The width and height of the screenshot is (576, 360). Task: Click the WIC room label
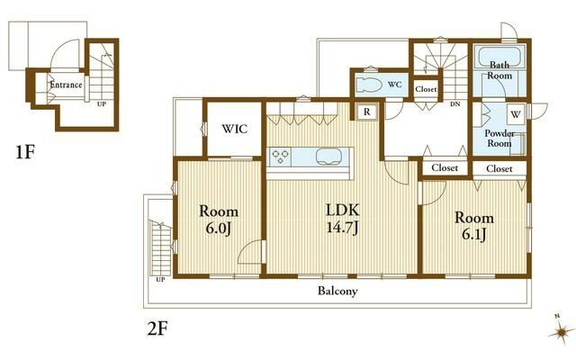(234, 129)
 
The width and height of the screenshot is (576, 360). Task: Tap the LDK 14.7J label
(343, 219)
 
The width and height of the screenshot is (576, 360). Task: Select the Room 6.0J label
(219, 220)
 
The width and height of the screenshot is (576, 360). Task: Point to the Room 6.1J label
(474, 226)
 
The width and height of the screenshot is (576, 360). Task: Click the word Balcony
(337, 292)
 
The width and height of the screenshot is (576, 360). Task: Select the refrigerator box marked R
(366, 112)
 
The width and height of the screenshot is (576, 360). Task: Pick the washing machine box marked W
(516, 114)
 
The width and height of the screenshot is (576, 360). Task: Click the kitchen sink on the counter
(328, 157)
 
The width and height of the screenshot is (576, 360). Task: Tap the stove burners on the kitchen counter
(280, 157)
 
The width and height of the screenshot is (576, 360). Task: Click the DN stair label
(455, 104)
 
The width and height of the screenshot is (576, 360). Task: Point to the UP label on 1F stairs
(102, 104)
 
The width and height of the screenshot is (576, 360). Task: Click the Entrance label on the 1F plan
(66, 85)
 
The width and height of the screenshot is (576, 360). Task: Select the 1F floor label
(25, 152)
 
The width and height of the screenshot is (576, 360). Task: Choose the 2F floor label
(157, 328)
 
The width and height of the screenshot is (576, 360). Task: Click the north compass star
(561, 332)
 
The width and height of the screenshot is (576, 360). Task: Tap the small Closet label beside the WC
(426, 89)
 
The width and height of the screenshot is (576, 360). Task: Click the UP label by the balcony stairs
(160, 280)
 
